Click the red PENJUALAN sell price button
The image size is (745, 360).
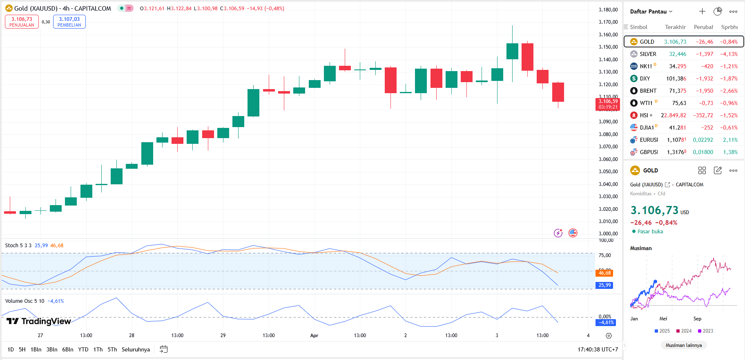22,22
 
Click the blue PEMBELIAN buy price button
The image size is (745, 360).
69,22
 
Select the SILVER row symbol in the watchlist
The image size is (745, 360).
648,54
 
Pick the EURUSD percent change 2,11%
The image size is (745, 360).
730,140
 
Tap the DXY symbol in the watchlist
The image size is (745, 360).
645,78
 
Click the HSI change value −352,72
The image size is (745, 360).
703,115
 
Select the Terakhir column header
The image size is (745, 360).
675,27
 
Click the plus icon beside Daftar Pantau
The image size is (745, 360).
702,11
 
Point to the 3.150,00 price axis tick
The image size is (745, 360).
608,47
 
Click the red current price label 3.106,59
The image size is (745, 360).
608,104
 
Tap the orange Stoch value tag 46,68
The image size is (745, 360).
604,273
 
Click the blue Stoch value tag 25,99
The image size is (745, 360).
604,285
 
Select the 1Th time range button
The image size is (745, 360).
98,349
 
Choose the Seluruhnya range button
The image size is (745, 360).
136,349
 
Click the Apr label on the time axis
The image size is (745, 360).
314,335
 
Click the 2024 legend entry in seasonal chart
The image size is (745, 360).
684,331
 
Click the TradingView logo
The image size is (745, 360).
39,321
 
